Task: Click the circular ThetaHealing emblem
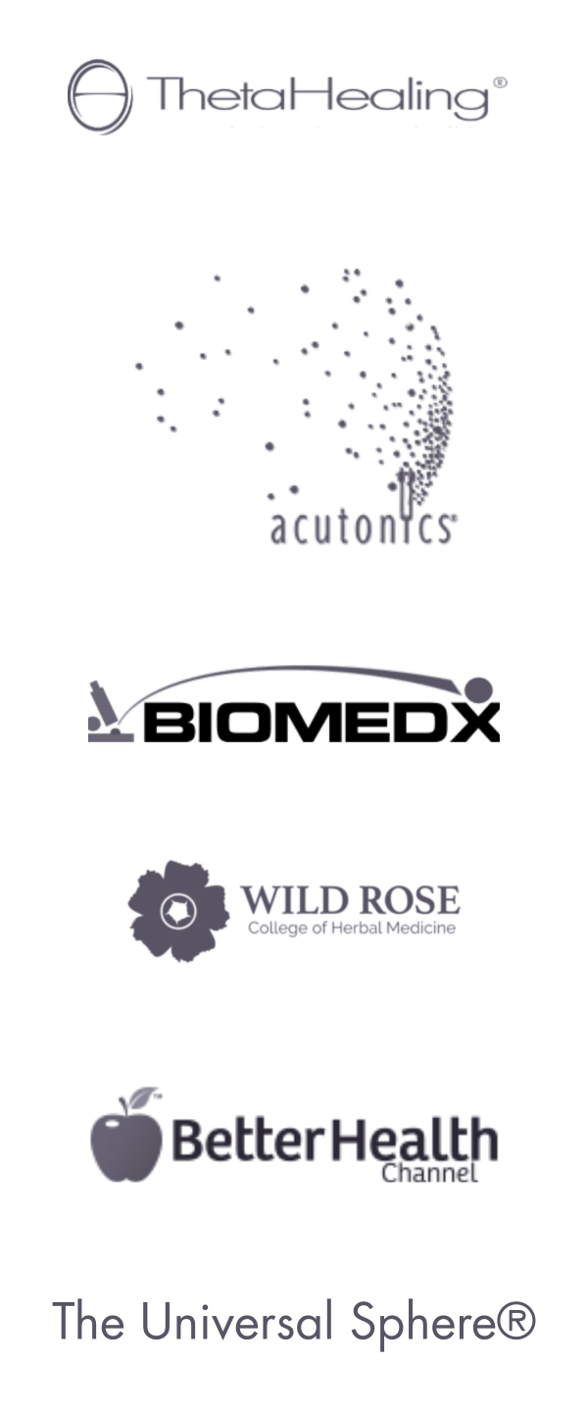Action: (x=100, y=96)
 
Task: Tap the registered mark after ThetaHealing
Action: (x=500, y=84)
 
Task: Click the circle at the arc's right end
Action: (x=477, y=689)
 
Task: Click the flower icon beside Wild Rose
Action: (x=179, y=910)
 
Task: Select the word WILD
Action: (x=284, y=900)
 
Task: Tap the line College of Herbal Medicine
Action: (x=351, y=928)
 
